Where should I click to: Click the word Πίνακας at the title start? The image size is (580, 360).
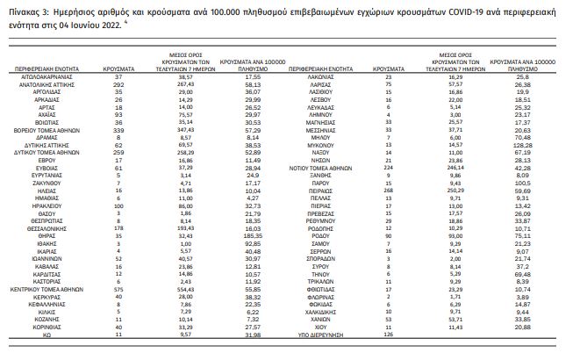point(26,11)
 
